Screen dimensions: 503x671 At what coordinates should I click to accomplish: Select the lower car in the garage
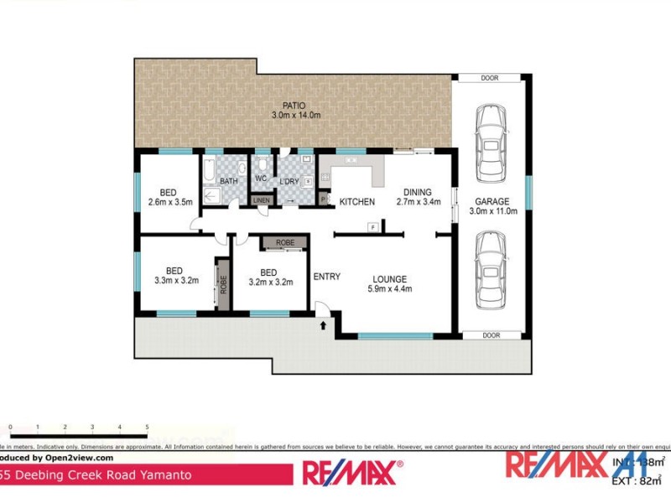click(x=491, y=270)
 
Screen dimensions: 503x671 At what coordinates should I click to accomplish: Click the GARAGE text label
click(x=492, y=201)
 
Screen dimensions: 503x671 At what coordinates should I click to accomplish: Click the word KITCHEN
click(x=356, y=202)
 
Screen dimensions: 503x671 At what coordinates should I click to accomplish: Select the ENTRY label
click(x=326, y=277)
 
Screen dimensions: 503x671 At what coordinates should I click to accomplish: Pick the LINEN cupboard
click(x=261, y=200)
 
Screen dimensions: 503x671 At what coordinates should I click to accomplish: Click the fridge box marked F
click(x=371, y=226)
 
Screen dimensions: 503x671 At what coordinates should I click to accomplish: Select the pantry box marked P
click(x=324, y=199)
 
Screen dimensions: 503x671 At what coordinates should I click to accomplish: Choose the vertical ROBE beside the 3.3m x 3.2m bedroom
click(x=223, y=284)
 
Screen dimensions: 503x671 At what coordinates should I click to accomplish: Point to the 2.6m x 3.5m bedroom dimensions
click(x=170, y=201)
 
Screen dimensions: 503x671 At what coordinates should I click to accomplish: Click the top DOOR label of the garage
click(x=491, y=78)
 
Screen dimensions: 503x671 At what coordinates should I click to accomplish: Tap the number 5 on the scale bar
click(x=147, y=428)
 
